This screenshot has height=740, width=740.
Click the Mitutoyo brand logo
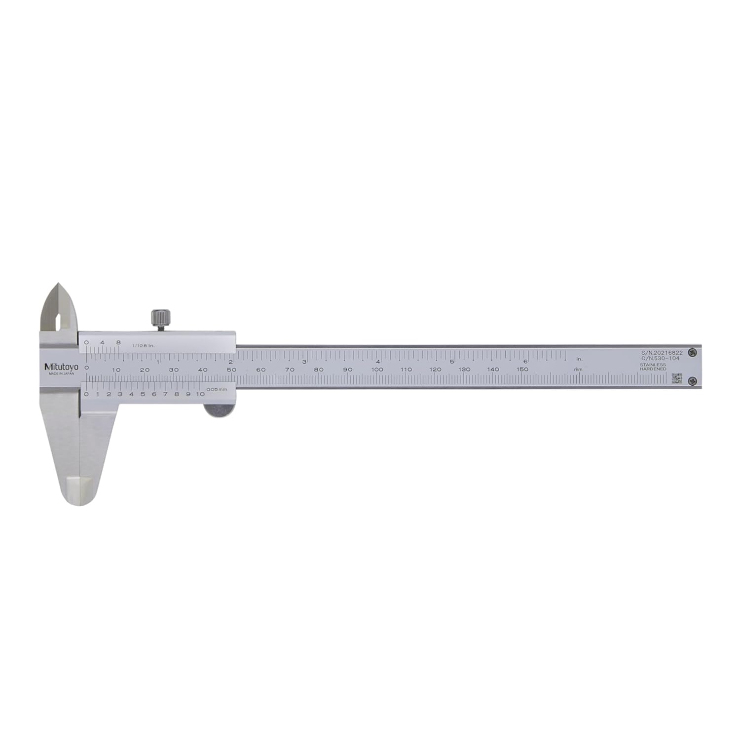[61, 367]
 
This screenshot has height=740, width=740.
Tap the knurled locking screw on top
[161, 319]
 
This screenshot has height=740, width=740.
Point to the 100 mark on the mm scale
[377, 370]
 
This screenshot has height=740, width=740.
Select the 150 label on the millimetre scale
[522, 369]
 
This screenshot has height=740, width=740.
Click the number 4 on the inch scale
[377, 361]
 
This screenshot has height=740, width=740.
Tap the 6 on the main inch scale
[525, 361]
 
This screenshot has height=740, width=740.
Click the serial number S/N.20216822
[662, 353]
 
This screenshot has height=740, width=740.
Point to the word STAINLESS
[653, 365]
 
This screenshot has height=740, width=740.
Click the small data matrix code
[676, 378]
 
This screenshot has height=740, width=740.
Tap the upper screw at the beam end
[693, 352]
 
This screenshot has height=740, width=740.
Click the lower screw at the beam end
[693, 380]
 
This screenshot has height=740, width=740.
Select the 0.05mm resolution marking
[217, 390]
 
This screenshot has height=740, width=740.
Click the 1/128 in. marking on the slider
[143, 345]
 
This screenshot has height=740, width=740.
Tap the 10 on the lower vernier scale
[199, 394]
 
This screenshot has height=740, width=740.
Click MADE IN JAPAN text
[61, 373]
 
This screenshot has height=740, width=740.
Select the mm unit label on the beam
[578, 370]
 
